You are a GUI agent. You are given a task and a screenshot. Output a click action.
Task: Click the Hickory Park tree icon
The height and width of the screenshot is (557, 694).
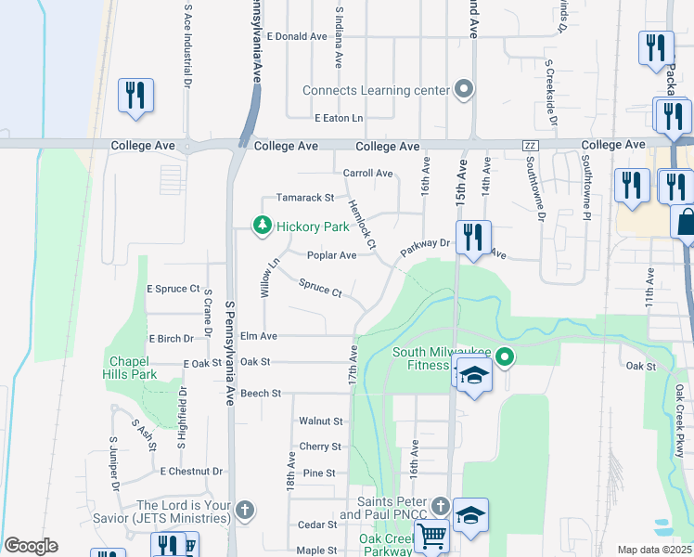263,226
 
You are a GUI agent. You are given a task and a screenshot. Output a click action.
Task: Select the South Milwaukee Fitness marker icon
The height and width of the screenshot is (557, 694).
504,356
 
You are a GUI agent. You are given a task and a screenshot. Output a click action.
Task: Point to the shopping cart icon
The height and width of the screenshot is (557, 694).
431,537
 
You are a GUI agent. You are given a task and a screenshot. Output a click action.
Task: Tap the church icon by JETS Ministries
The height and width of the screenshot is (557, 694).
244,510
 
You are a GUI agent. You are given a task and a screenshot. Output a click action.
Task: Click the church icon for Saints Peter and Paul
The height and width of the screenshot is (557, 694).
441,506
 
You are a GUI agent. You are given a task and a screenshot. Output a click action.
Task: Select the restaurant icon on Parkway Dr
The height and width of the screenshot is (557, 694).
472,238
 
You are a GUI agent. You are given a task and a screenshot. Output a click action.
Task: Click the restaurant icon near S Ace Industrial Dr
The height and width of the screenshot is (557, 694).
135,95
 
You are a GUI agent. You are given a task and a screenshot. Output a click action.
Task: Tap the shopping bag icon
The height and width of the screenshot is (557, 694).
685,222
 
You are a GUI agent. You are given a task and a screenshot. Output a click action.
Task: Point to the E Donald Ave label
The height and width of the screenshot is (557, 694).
297,36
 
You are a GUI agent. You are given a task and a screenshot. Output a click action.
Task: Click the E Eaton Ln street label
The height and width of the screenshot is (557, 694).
339,118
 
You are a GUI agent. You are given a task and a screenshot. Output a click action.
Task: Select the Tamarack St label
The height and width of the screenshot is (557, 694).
303,198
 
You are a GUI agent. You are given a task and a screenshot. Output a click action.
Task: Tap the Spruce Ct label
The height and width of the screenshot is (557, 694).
320,289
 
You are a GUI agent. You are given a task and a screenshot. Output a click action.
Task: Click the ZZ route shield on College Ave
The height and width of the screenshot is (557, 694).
531,146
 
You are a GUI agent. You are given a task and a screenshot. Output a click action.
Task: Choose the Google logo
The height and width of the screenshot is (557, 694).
31,546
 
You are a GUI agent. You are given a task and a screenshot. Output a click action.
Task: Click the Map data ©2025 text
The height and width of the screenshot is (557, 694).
654,550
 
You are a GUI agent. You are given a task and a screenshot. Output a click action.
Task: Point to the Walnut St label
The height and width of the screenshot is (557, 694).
321,421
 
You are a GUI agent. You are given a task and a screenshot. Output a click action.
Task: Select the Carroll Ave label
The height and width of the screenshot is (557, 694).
367,173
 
